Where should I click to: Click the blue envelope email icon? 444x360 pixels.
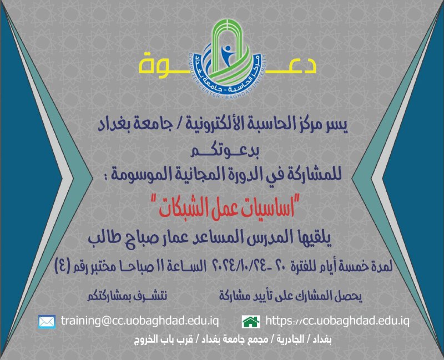click(x=47, y=322)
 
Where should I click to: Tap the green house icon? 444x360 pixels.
click(x=251, y=322)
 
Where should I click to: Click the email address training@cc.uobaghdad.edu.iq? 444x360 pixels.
click(x=140, y=321)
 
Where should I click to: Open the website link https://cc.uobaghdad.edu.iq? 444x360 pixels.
click(x=337, y=321)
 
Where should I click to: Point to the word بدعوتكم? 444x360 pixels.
click(x=225, y=151)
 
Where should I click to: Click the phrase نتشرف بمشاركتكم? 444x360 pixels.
click(x=127, y=296)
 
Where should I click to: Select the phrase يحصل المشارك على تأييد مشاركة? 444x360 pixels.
click(x=290, y=296)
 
